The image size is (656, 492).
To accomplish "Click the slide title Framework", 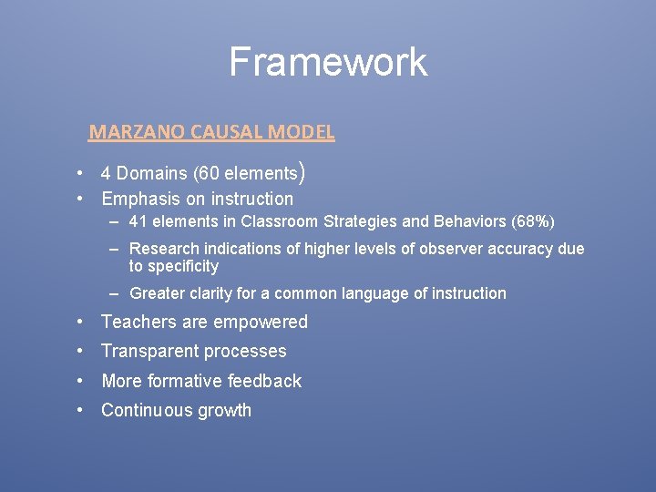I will [327, 62].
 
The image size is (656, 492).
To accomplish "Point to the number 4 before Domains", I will [106, 173].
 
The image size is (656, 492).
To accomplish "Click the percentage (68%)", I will [533, 222].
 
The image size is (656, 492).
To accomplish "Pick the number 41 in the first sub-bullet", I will [138, 222].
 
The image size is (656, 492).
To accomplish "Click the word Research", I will [165, 250].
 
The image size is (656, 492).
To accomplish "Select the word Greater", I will [156, 293].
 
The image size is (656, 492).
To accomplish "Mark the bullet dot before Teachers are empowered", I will [81, 322].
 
